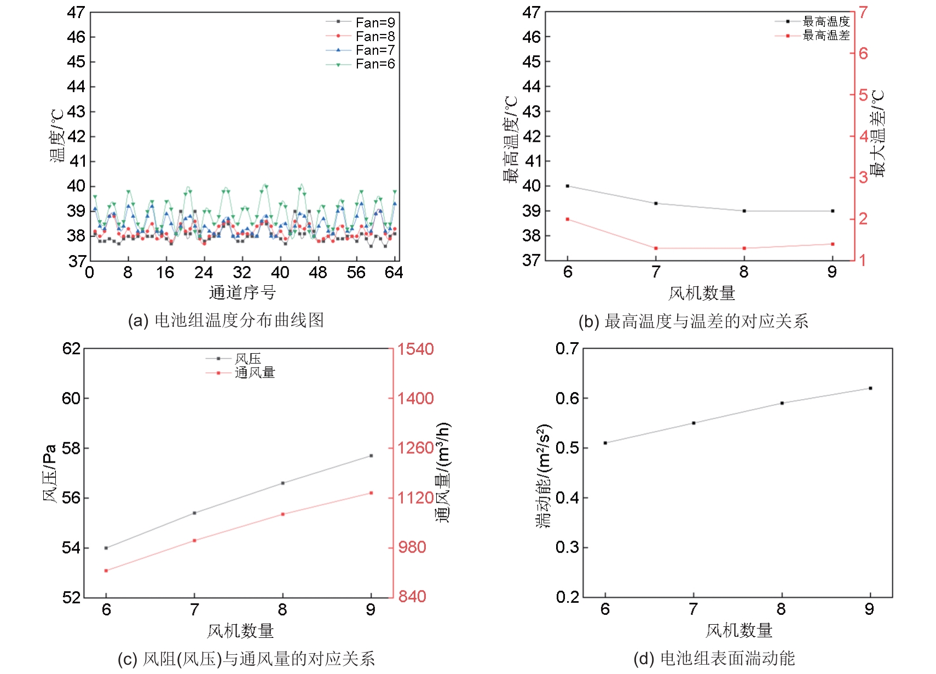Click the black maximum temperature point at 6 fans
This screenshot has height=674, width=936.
pyautogui.click(x=568, y=186)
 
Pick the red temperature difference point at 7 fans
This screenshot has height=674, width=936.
pyautogui.click(x=656, y=249)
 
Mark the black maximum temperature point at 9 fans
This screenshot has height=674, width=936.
pyautogui.click(x=833, y=211)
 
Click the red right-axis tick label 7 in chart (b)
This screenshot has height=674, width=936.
pyautogui.click(x=863, y=12)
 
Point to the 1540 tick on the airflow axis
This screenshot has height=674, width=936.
pyautogui.click(x=415, y=349)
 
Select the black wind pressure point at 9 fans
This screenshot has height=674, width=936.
pyautogui.click(x=371, y=456)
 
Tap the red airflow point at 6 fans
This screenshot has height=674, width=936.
pyautogui.click(x=106, y=571)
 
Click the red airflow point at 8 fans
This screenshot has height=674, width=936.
pyautogui.click(x=283, y=514)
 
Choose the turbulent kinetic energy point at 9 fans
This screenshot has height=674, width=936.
pyautogui.click(x=870, y=388)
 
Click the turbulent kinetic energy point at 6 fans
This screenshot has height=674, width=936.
pyautogui.click(x=605, y=443)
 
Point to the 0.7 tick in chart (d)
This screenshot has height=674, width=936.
pyautogui.click(x=567, y=349)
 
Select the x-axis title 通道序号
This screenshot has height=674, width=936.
pyautogui.click(x=242, y=292)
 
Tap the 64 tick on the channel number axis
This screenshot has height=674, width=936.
pyautogui.click(x=394, y=273)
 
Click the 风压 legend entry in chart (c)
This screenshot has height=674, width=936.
pyautogui.click(x=247, y=359)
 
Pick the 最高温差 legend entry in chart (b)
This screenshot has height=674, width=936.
pyautogui.click(x=826, y=36)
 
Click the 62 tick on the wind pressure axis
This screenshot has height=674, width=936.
pyautogui.click(x=71, y=349)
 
